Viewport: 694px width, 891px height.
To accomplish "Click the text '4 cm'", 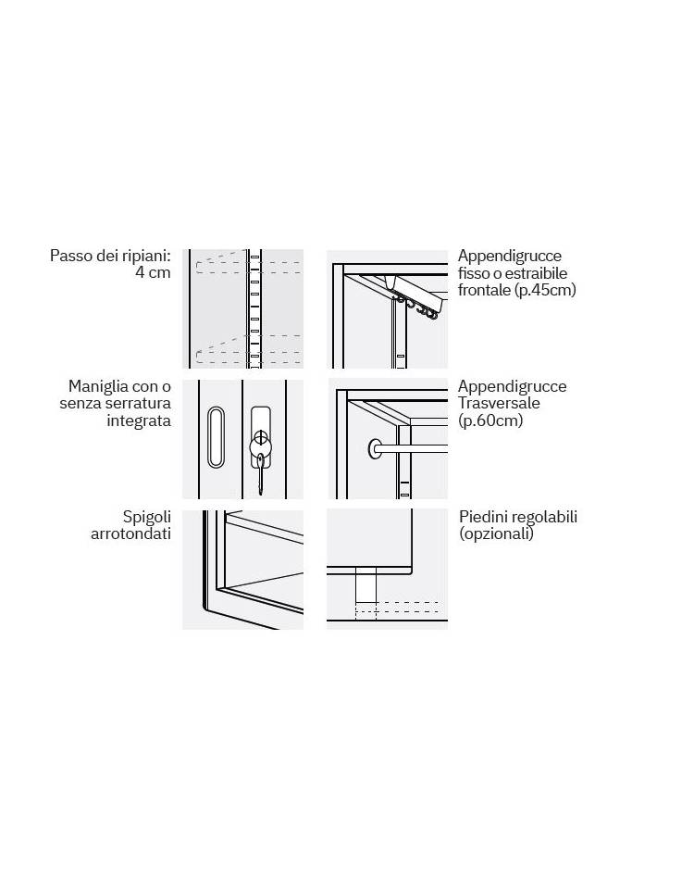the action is tap(153, 272).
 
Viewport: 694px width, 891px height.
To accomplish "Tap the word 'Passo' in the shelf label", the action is tap(70, 256).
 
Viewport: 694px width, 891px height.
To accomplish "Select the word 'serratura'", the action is tap(138, 404).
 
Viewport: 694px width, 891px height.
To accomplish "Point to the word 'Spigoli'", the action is tap(146, 518).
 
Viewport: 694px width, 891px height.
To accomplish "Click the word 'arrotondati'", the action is tap(130, 534).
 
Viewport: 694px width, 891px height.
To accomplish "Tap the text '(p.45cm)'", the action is tap(545, 291).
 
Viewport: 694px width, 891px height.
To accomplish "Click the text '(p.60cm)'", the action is tap(490, 421).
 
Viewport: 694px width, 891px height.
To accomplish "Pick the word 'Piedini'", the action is tap(483, 517).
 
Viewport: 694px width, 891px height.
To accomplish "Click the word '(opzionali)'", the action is tap(496, 534).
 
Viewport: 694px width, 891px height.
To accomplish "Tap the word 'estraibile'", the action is tap(536, 273).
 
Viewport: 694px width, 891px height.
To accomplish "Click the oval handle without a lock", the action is tap(216, 437).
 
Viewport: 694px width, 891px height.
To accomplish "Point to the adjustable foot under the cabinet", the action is tap(366, 588).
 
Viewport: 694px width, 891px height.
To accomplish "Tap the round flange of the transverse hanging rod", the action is tap(375, 449).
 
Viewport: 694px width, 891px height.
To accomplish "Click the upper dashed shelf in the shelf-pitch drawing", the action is tap(248, 266).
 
